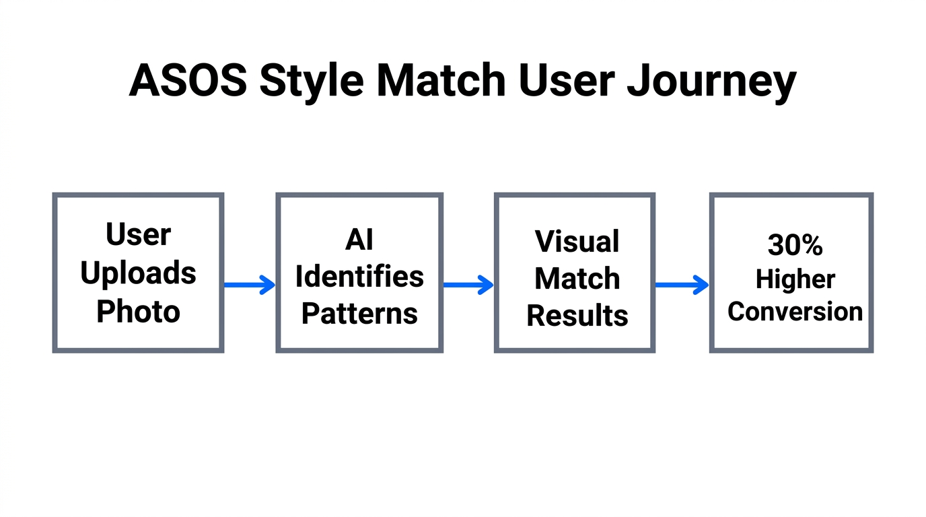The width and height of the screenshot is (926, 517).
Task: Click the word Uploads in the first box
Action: coord(138,273)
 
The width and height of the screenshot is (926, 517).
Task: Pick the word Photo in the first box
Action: coord(138,311)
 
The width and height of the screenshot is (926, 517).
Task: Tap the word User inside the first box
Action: coord(138,234)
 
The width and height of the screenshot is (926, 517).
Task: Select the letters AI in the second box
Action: coord(359,239)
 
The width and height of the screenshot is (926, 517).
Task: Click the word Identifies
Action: coord(359,276)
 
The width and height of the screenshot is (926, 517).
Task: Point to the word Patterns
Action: coord(359,313)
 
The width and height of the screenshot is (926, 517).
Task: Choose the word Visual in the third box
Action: coord(577,241)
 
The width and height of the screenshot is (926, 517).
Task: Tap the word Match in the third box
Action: coord(577,278)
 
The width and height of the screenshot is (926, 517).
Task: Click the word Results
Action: coord(577,315)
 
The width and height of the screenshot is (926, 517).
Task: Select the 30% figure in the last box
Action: coord(795,246)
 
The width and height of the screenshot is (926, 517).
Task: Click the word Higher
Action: coord(795,279)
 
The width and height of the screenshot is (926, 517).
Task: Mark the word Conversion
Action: coord(795,311)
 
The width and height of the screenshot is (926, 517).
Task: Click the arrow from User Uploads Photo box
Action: coord(250,285)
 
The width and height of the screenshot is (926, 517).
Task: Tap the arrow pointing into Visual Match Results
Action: coord(468,285)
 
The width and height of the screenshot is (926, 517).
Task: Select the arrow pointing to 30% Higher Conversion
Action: coord(682,285)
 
